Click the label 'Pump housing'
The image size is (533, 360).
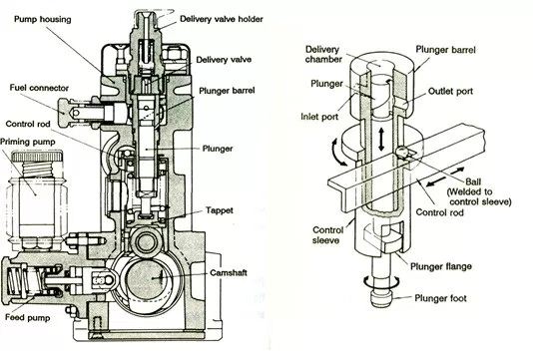pyautogui.click(x=43, y=19)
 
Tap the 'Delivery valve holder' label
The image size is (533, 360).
pyautogui.click(x=222, y=19)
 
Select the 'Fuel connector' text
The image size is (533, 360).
pyautogui.click(x=39, y=88)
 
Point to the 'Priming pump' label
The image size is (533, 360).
pyautogui.click(x=28, y=142)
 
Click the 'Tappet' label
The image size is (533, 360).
pyautogui.click(x=220, y=210)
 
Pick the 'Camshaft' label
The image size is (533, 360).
pyautogui.click(x=229, y=272)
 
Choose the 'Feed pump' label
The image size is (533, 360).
pyautogui.click(x=28, y=317)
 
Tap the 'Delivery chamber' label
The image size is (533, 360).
pyautogui.click(x=323, y=54)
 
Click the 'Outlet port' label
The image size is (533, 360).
pyautogui.click(x=450, y=91)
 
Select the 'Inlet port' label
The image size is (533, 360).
pyautogui.click(x=319, y=117)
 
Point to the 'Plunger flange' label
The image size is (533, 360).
pyautogui.click(x=441, y=266)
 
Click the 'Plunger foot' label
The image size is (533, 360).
pyautogui.click(x=440, y=298)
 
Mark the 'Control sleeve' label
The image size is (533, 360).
pyautogui.click(x=327, y=235)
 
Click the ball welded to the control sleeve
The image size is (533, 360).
pyautogui.click(x=401, y=152)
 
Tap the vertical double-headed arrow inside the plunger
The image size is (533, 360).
pyautogui.click(x=381, y=139)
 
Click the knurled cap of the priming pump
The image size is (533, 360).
pyautogui.click(x=37, y=157)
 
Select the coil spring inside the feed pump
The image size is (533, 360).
pyautogui.click(x=17, y=281)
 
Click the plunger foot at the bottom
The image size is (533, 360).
pyautogui.click(x=381, y=298)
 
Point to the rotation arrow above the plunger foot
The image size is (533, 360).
pyautogui.click(x=381, y=281)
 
